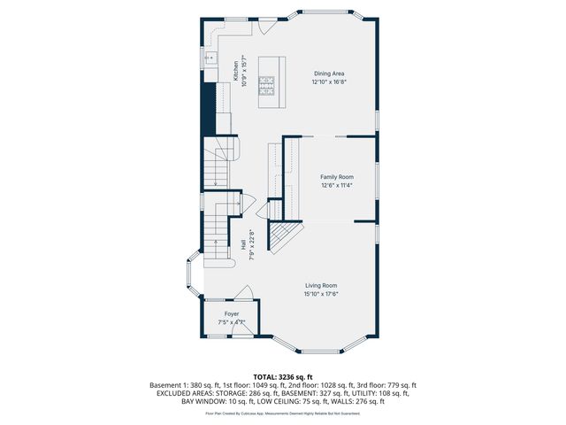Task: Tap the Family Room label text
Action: tap(336, 177)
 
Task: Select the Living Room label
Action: tap(322, 285)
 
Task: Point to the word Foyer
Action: tap(231, 314)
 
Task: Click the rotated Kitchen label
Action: tap(236, 70)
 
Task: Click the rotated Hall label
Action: tap(243, 244)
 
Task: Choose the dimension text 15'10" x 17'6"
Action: tap(322, 294)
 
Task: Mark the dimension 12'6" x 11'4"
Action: tap(336, 186)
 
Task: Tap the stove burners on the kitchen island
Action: tap(266, 85)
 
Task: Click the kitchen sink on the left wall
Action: tap(209, 58)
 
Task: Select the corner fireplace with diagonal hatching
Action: tap(284, 236)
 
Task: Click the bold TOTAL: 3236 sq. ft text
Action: tap(282, 377)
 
